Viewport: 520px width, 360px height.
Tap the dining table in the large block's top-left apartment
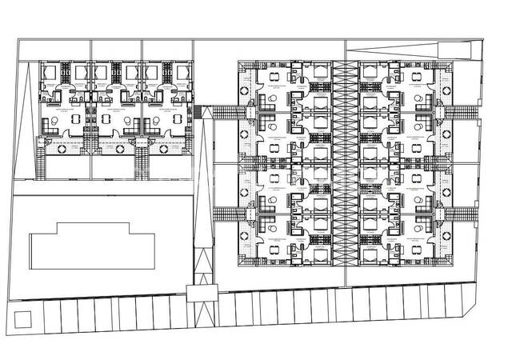tap(274, 78)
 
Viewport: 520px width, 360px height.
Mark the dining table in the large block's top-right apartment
tap(419, 78)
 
